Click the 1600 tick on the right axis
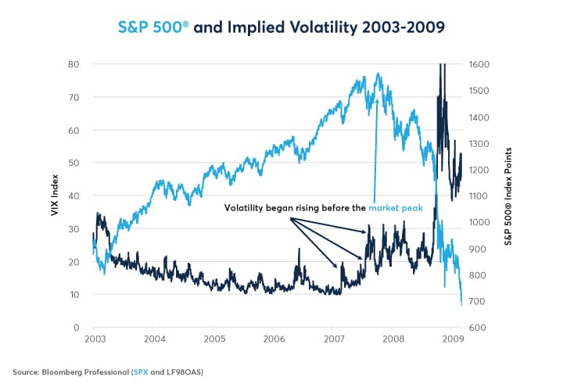coord(479,64)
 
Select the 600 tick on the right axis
coord(476,327)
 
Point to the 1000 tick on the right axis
coord(479,222)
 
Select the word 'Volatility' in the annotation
coord(248,208)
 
